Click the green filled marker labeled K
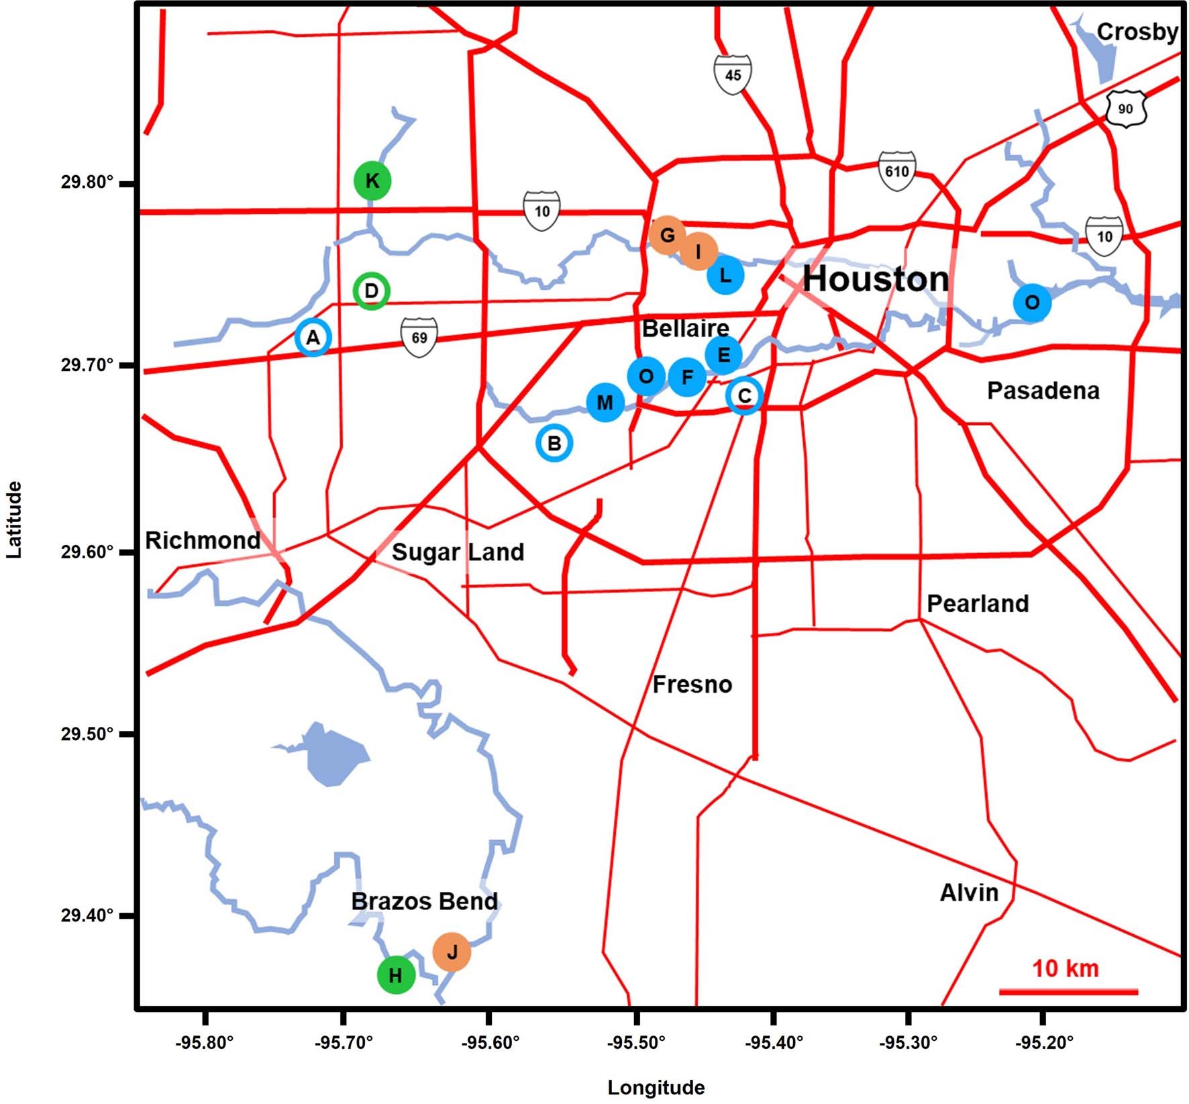pos(372,181)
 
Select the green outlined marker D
pos(371,291)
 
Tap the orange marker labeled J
pos(452,952)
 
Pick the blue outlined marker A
pos(313,338)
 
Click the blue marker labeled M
pos(605,403)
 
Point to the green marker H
pos(396,975)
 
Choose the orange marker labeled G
pos(667,236)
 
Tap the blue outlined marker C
pos(744,396)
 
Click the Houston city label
pos(876,279)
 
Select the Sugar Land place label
pos(458,552)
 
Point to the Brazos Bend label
pos(424,901)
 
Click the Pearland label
pos(978,604)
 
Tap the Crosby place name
pos(1137,32)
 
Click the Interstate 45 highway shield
pos(733,74)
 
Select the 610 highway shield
pos(897,171)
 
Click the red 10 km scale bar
pos(1068,991)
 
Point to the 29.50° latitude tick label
pos(87,734)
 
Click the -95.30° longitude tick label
pos(909,1043)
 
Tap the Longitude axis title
pos(656,1088)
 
